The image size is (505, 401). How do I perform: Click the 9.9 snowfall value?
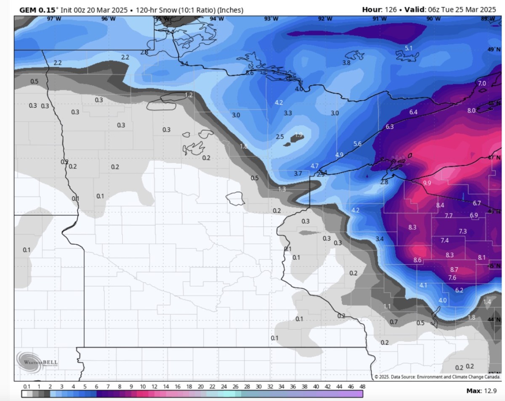pyautogui.click(x=427, y=183)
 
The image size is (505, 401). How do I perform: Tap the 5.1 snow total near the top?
pyautogui.click(x=408, y=48)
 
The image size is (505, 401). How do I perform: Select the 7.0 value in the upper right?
pyautogui.click(x=482, y=84)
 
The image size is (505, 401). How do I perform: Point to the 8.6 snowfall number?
pyautogui.click(x=417, y=260)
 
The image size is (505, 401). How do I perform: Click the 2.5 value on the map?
pyautogui.click(x=280, y=137)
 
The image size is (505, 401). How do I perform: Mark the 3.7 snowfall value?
pyautogui.click(x=298, y=173)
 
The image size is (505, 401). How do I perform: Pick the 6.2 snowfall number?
pyautogui.click(x=459, y=290)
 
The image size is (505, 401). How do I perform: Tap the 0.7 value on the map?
pyautogui.click(x=394, y=322)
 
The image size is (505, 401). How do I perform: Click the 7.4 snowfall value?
pyautogui.click(x=444, y=240)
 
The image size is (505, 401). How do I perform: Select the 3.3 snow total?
pyautogui.click(x=288, y=113)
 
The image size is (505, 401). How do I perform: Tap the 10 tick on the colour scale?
pyautogui.click(x=143, y=386)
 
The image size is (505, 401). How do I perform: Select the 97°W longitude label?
pyautogui.click(x=53, y=19)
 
